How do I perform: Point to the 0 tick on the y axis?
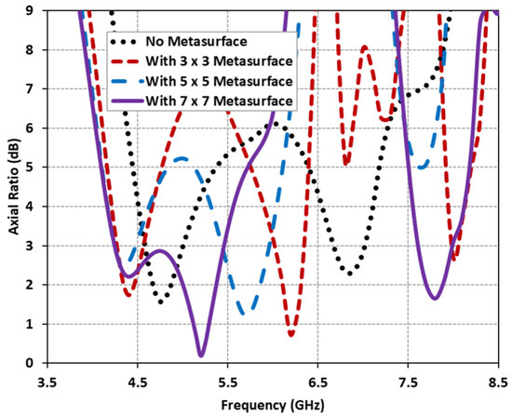[33, 363]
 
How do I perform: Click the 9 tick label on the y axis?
[33, 10]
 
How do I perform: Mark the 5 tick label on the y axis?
[33, 168]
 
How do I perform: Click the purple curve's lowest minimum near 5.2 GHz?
[201, 355]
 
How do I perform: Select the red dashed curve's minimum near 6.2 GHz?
[291, 334]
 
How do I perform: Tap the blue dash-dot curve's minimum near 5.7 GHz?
[244, 313]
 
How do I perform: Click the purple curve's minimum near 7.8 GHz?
[435, 298]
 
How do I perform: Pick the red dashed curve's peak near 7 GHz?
[365, 47]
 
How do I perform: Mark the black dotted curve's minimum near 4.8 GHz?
[163, 302]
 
